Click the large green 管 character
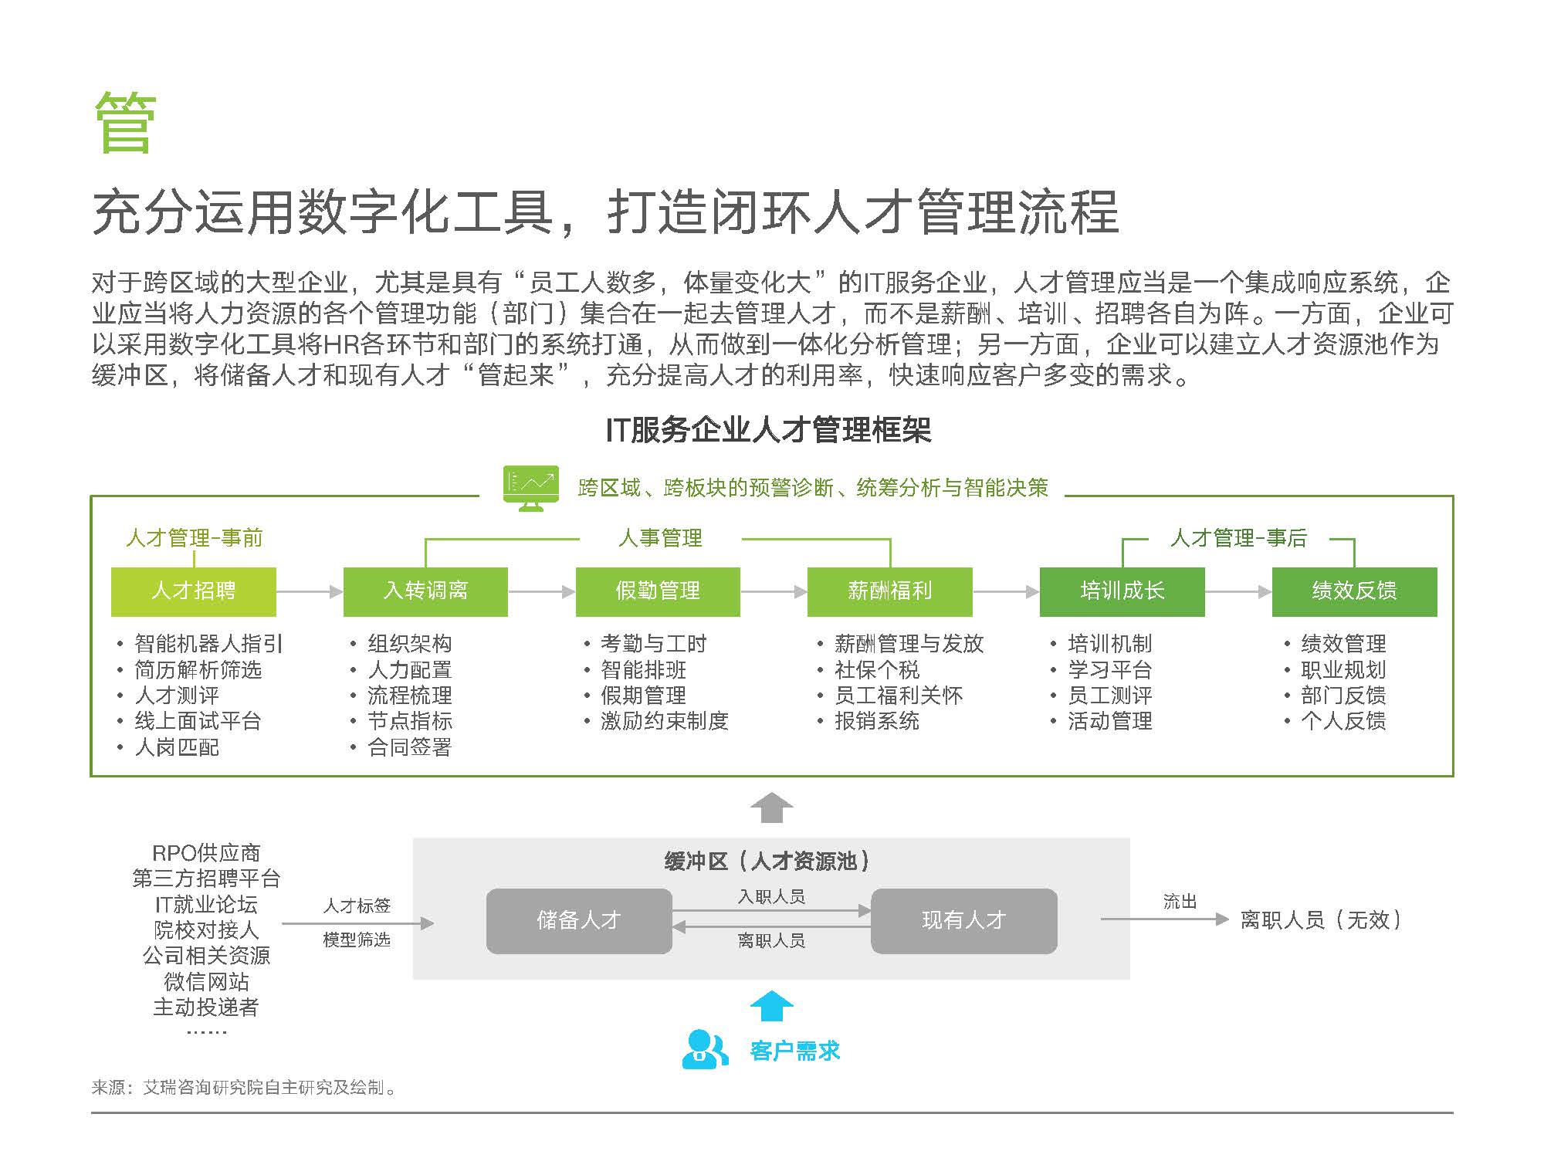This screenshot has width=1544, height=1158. click(126, 123)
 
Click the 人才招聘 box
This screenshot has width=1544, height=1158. click(194, 591)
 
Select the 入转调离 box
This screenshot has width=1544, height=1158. click(425, 591)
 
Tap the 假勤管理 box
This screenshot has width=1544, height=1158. click(658, 591)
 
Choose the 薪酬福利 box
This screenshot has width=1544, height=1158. click(890, 591)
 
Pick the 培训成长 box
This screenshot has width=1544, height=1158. click(1122, 591)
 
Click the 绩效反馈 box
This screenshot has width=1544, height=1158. click(1355, 591)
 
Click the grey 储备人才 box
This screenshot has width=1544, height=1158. click(579, 920)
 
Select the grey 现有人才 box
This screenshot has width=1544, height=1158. click(964, 920)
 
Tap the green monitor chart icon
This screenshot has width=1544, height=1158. click(531, 488)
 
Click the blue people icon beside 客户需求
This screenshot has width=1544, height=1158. click(705, 1049)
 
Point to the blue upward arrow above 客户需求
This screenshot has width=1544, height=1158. click(772, 1006)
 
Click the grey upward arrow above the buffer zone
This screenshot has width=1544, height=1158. click(772, 808)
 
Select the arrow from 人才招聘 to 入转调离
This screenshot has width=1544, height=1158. click(310, 591)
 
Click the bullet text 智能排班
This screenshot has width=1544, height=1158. click(644, 669)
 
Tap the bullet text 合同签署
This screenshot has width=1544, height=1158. click(410, 747)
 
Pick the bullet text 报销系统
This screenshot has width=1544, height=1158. click(877, 721)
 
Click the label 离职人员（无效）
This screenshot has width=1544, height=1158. click(1322, 919)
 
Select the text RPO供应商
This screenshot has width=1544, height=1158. click(206, 853)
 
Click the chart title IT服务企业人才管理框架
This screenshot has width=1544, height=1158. click(769, 430)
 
